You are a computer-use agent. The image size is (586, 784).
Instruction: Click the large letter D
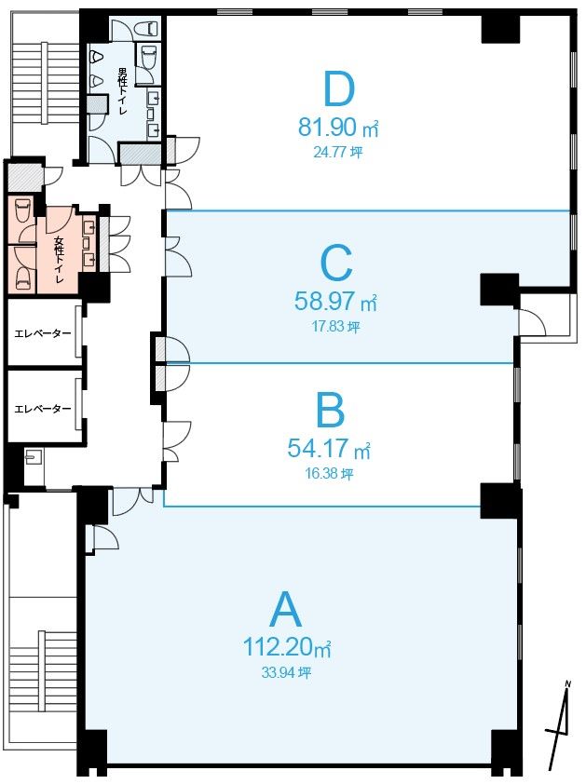click(x=339, y=89)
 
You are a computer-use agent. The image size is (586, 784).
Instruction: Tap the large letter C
click(x=336, y=263)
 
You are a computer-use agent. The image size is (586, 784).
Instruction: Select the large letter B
click(x=331, y=410)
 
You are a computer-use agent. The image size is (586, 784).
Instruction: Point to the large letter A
click(x=286, y=609)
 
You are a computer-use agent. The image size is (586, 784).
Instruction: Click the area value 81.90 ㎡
click(x=338, y=128)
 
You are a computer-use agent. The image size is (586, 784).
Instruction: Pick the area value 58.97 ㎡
click(x=335, y=302)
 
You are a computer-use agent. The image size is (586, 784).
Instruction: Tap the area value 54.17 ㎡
click(x=329, y=448)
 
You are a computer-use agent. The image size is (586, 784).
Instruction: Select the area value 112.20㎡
click(x=287, y=646)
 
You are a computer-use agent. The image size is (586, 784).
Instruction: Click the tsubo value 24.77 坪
click(x=338, y=152)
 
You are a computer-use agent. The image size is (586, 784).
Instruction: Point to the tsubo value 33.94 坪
click(x=286, y=672)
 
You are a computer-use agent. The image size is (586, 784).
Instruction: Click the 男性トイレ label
click(x=123, y=91)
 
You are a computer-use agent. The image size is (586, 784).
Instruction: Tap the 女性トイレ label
click(x=59, y=260)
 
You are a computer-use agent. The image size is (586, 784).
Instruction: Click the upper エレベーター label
click(x=43, y=333)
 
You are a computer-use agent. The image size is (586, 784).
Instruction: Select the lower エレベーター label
click(x=43, y=409)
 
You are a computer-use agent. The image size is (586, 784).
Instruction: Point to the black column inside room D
click(x=501, y=29)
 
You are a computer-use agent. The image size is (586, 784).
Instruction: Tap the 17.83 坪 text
click(x=335, y=327)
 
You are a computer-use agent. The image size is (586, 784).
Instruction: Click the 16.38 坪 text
click(x=329, y=473)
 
